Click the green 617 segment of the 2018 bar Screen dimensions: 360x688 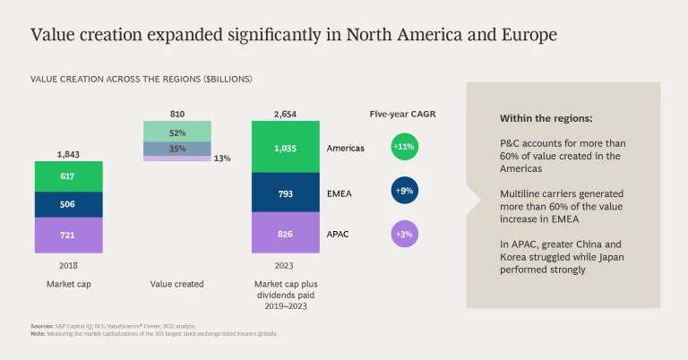click(x=68, y=177)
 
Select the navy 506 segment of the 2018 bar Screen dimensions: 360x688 click(x=68, y=204)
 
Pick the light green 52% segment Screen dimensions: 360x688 click(x=177, y=132)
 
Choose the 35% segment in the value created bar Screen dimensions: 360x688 click(x=177, y=148)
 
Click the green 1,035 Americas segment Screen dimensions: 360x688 click(x=285, y=148)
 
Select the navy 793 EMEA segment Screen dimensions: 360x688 click(x=285, y=192)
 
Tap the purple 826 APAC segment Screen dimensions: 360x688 click(x=285, y=233)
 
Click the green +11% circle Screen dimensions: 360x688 click(x=405, y=147)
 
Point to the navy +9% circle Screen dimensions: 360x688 click(x=405, y=190)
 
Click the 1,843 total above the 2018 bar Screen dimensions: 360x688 click(x=68, y=154)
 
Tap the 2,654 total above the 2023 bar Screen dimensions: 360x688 click(x=285, y=114)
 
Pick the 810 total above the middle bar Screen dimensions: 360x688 click(x=177, y=114)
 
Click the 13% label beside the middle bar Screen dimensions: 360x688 click(x=223, y=159)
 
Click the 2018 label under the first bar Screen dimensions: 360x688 click(x=68, y=265)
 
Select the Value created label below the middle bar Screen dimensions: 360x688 click(x=176, y=284)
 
